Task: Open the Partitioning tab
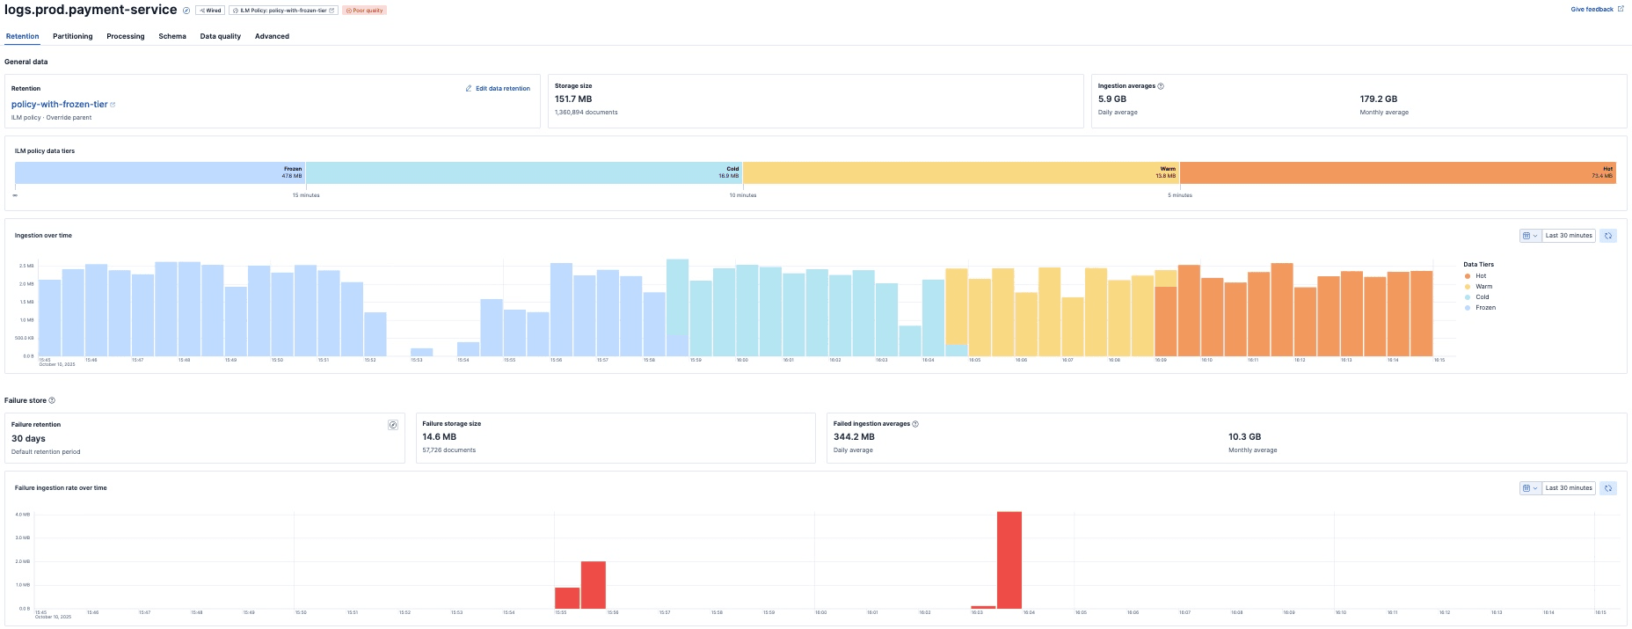[72, 36]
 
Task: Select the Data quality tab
[220, 36]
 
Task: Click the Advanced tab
[272, 36]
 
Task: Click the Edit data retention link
[498, 89]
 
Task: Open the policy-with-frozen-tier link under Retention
[60, 104]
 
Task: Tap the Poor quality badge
[364, 11]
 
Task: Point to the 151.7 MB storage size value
[573, 99]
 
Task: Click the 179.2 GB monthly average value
[1378, 99]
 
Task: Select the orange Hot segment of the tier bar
[1397, 172]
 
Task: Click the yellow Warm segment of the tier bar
[961, 172]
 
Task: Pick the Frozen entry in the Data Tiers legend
[1485, 308]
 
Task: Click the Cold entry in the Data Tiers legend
[1482, 297]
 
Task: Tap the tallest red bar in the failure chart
[1009, 560]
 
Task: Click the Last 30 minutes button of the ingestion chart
[1569, 236]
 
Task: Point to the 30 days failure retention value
[28, 438]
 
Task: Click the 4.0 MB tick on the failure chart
[23, 514]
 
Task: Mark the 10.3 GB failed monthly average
[1244, 436]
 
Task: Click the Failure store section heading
[25, 400]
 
